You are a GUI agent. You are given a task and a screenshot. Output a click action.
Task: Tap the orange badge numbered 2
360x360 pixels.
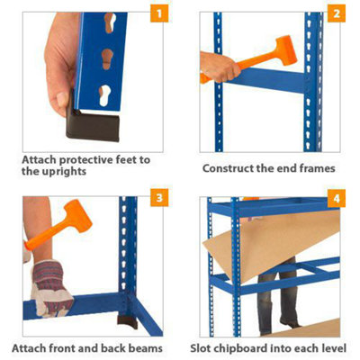[x=336, y=14]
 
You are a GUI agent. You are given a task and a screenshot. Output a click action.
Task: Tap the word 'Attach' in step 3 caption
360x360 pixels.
[x=32, y=347]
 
